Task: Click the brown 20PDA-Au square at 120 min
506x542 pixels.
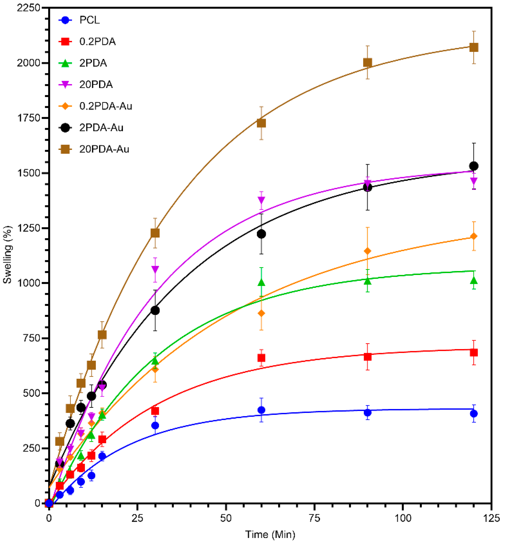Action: [474, 47]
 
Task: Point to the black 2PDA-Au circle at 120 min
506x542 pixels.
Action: [474, 166]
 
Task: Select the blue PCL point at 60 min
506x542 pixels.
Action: [261, 410]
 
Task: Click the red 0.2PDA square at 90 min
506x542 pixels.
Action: [367, 357]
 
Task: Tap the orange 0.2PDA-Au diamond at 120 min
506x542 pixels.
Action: [474, 236]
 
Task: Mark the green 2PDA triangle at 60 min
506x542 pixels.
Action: [261, 282]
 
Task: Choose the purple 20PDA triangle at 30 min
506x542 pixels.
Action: [155, 269]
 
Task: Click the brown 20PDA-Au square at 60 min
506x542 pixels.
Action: [261, 123]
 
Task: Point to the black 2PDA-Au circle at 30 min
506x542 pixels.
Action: [155, 310]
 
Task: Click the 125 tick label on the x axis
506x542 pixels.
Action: [491, 518]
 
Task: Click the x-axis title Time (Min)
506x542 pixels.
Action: [270, 534]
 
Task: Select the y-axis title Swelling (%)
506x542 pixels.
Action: [8, 255]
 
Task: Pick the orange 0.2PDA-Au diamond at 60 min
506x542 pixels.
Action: [261, 314]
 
